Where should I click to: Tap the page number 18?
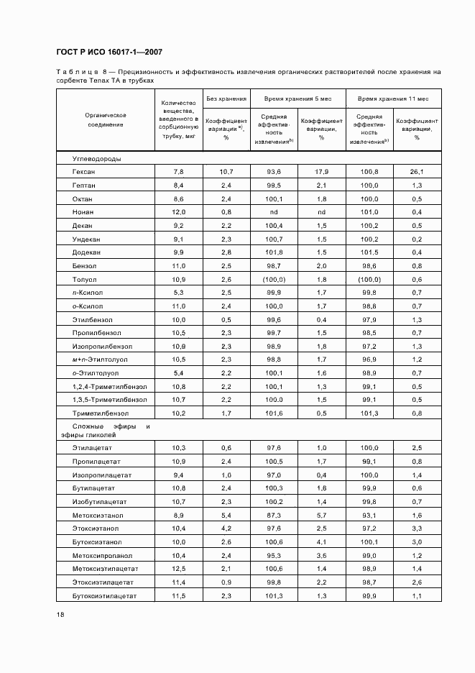point(60,614)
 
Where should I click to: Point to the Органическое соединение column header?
point(106,119)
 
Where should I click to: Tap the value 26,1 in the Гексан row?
point(417,172)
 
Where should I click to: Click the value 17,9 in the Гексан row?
point(321,172)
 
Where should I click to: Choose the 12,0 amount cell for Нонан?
point(179,212)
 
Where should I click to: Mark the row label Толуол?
point(84,279)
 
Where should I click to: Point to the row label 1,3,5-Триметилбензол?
point(109,399)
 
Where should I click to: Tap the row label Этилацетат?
point(91,448)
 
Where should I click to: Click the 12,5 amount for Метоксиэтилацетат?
point(179,569)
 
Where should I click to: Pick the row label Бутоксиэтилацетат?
point(104,596)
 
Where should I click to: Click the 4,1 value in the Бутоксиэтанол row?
point(321,542)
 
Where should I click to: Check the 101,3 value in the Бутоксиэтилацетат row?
point(274,596)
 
